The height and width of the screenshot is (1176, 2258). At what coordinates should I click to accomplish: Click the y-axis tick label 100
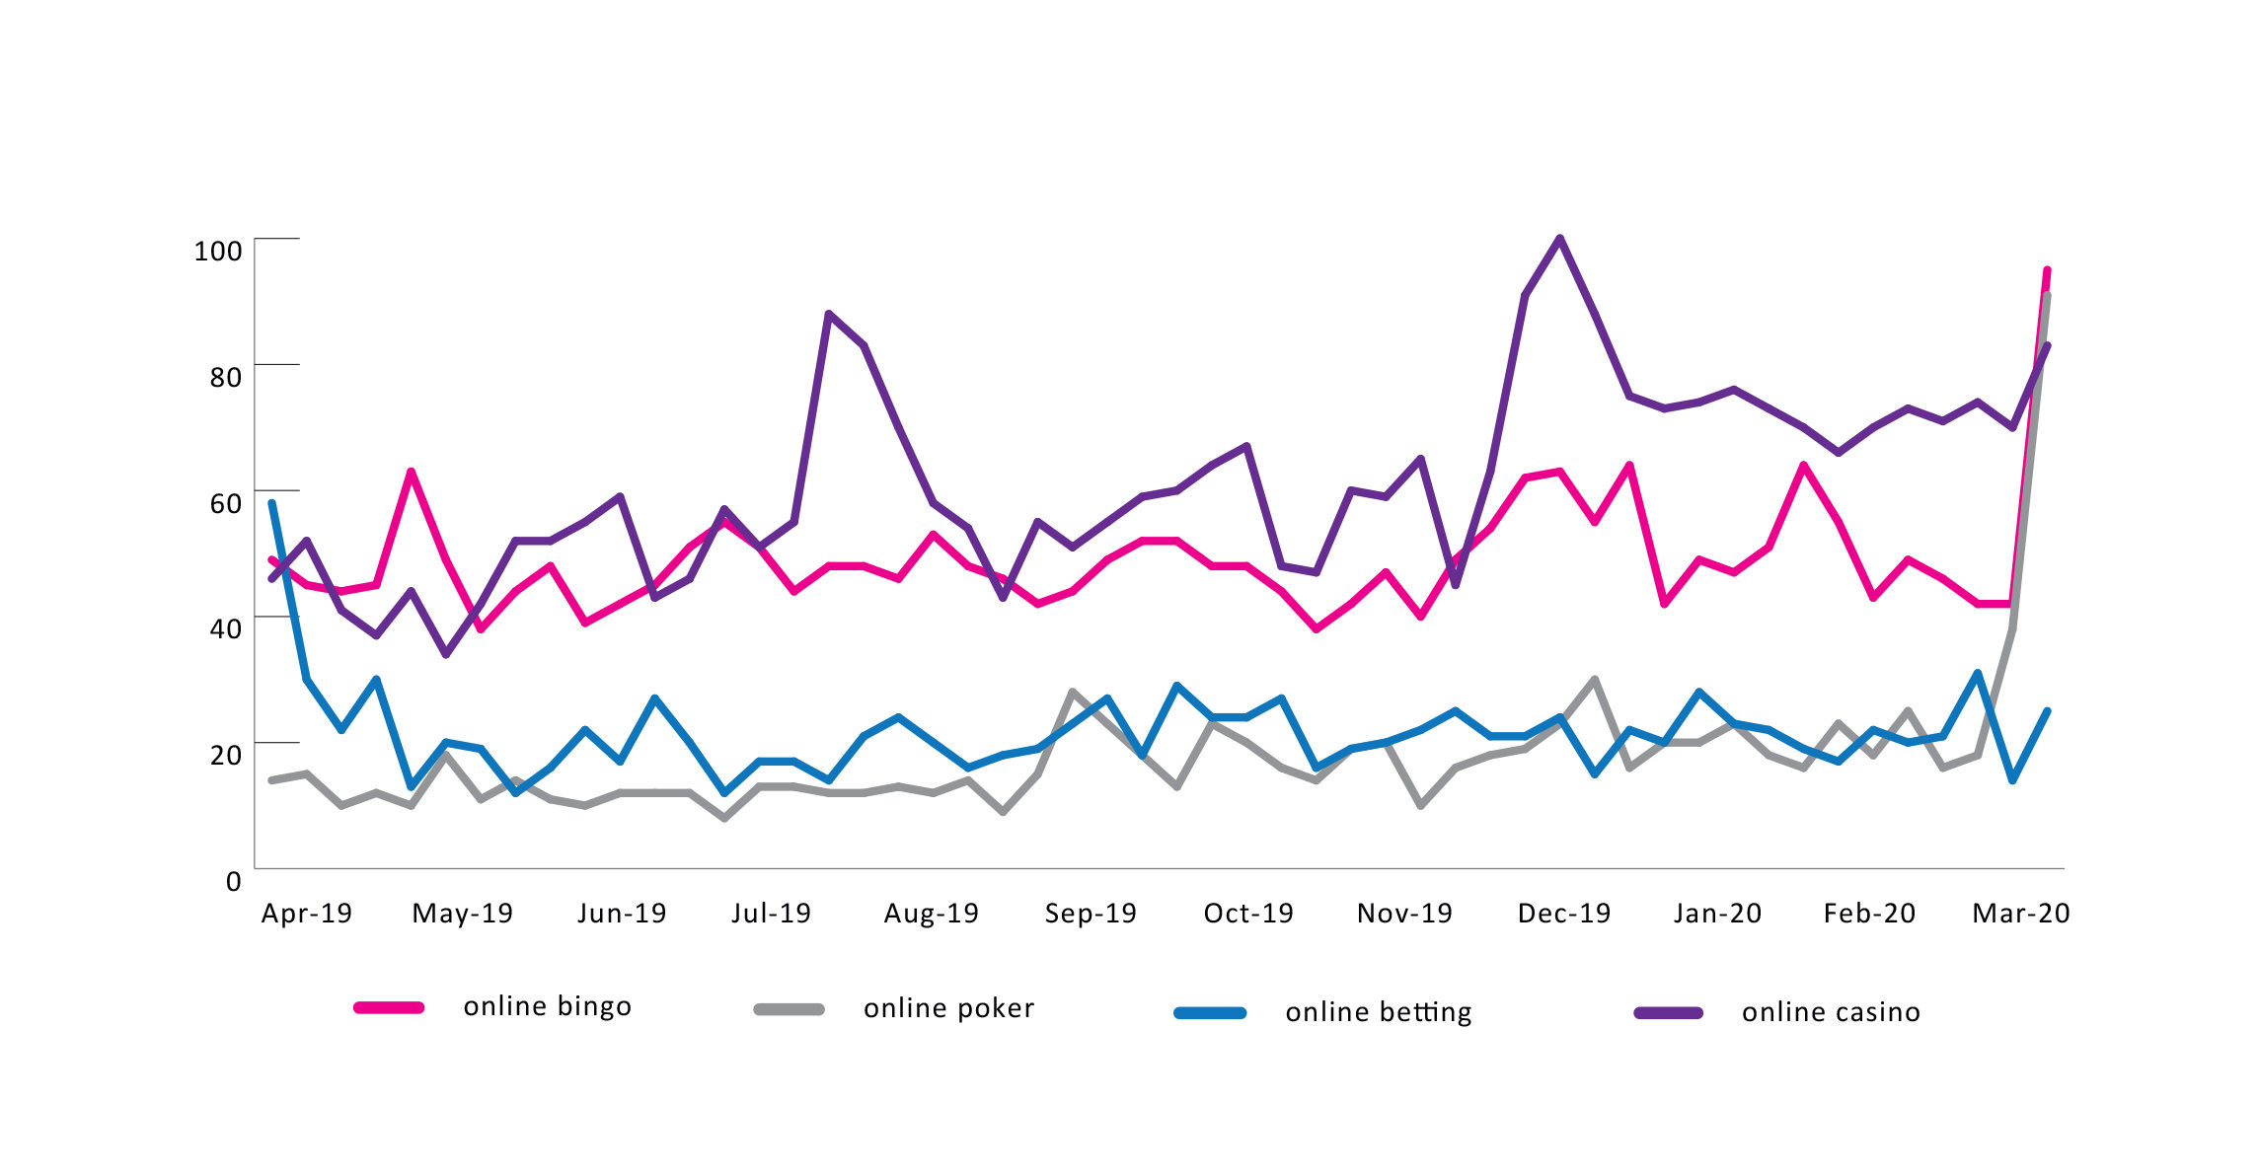click(218, 251)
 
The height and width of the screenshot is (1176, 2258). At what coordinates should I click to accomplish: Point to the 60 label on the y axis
click(225, 503)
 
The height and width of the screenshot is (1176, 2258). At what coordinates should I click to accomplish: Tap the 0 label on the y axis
click(234, 881)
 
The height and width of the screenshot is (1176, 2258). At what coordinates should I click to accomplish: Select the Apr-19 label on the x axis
click(307, 914)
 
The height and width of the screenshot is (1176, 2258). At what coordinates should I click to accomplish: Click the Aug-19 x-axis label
click(931, 914)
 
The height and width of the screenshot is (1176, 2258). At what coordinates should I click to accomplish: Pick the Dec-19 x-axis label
click(1564, 914)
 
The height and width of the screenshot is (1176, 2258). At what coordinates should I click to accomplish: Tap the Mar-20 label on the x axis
click(2020, 914)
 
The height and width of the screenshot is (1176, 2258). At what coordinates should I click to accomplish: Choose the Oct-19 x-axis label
click(1248, 914)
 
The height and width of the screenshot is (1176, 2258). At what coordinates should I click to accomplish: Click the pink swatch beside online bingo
click(389, 1007)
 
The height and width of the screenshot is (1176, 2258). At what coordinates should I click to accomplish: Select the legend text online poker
click(948, 1008)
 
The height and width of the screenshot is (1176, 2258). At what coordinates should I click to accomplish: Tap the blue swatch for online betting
click(1210, 1012)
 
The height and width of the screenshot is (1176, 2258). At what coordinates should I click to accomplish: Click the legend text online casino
click(1831, 1012)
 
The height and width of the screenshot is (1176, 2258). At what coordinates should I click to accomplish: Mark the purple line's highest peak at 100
click(1560, 238)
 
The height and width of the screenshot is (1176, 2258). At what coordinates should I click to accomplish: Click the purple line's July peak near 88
click(828, 314)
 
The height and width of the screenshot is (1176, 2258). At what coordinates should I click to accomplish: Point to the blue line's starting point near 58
click(271, 503)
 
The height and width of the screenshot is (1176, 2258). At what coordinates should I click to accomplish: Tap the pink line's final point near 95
click(2047, 269)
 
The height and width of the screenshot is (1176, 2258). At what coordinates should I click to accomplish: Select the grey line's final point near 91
click(2049, 295)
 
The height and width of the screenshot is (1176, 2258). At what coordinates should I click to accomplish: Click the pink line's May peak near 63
click(411, 472)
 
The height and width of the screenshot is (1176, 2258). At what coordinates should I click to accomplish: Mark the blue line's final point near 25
click(2048, 710)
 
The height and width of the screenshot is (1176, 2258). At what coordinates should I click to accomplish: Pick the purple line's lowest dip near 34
click(445, 654)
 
